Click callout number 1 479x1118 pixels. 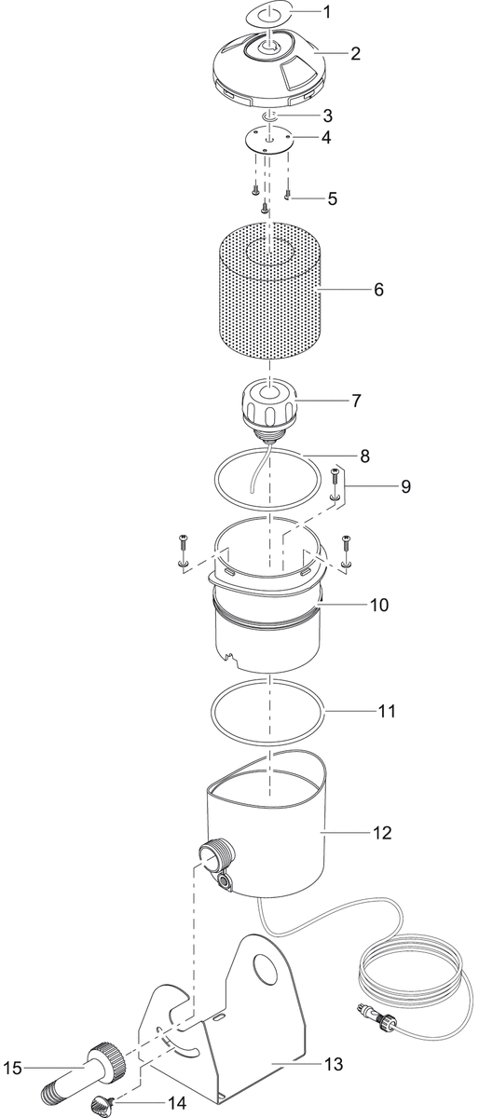pos(327,11)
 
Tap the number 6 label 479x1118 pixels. pos(379,290)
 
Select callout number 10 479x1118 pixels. pos(379,605)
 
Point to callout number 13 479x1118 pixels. pos(335,1064)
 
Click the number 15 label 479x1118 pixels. pos(12,1068)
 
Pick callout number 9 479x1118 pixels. pos(405,486)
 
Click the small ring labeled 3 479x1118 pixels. pos(269,116)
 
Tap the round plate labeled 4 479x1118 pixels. pos(270,141)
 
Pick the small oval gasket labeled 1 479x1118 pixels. pos(269,12)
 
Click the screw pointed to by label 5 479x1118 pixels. pos(288,195)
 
